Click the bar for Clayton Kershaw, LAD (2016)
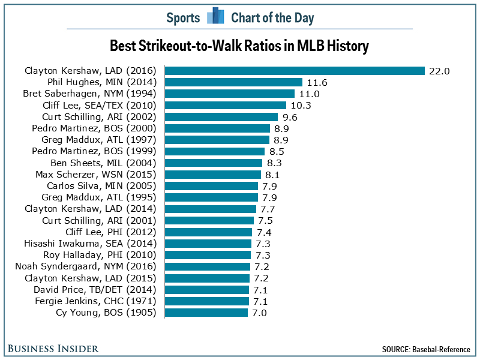[295, 71]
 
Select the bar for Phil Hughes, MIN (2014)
[233, 82]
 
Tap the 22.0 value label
[439, 71]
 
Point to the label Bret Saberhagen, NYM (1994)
[89, 94]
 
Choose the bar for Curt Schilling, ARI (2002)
[221, 116]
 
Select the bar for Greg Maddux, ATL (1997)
[217, 140]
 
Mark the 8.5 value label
[277, 151]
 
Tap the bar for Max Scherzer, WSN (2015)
[213, 174]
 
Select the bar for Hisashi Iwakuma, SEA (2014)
[208, 243]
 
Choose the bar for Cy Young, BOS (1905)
[206, 312]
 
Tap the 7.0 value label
[259, 312]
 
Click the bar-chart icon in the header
[215, 17]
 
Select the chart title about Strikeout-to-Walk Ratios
[239, 46]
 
